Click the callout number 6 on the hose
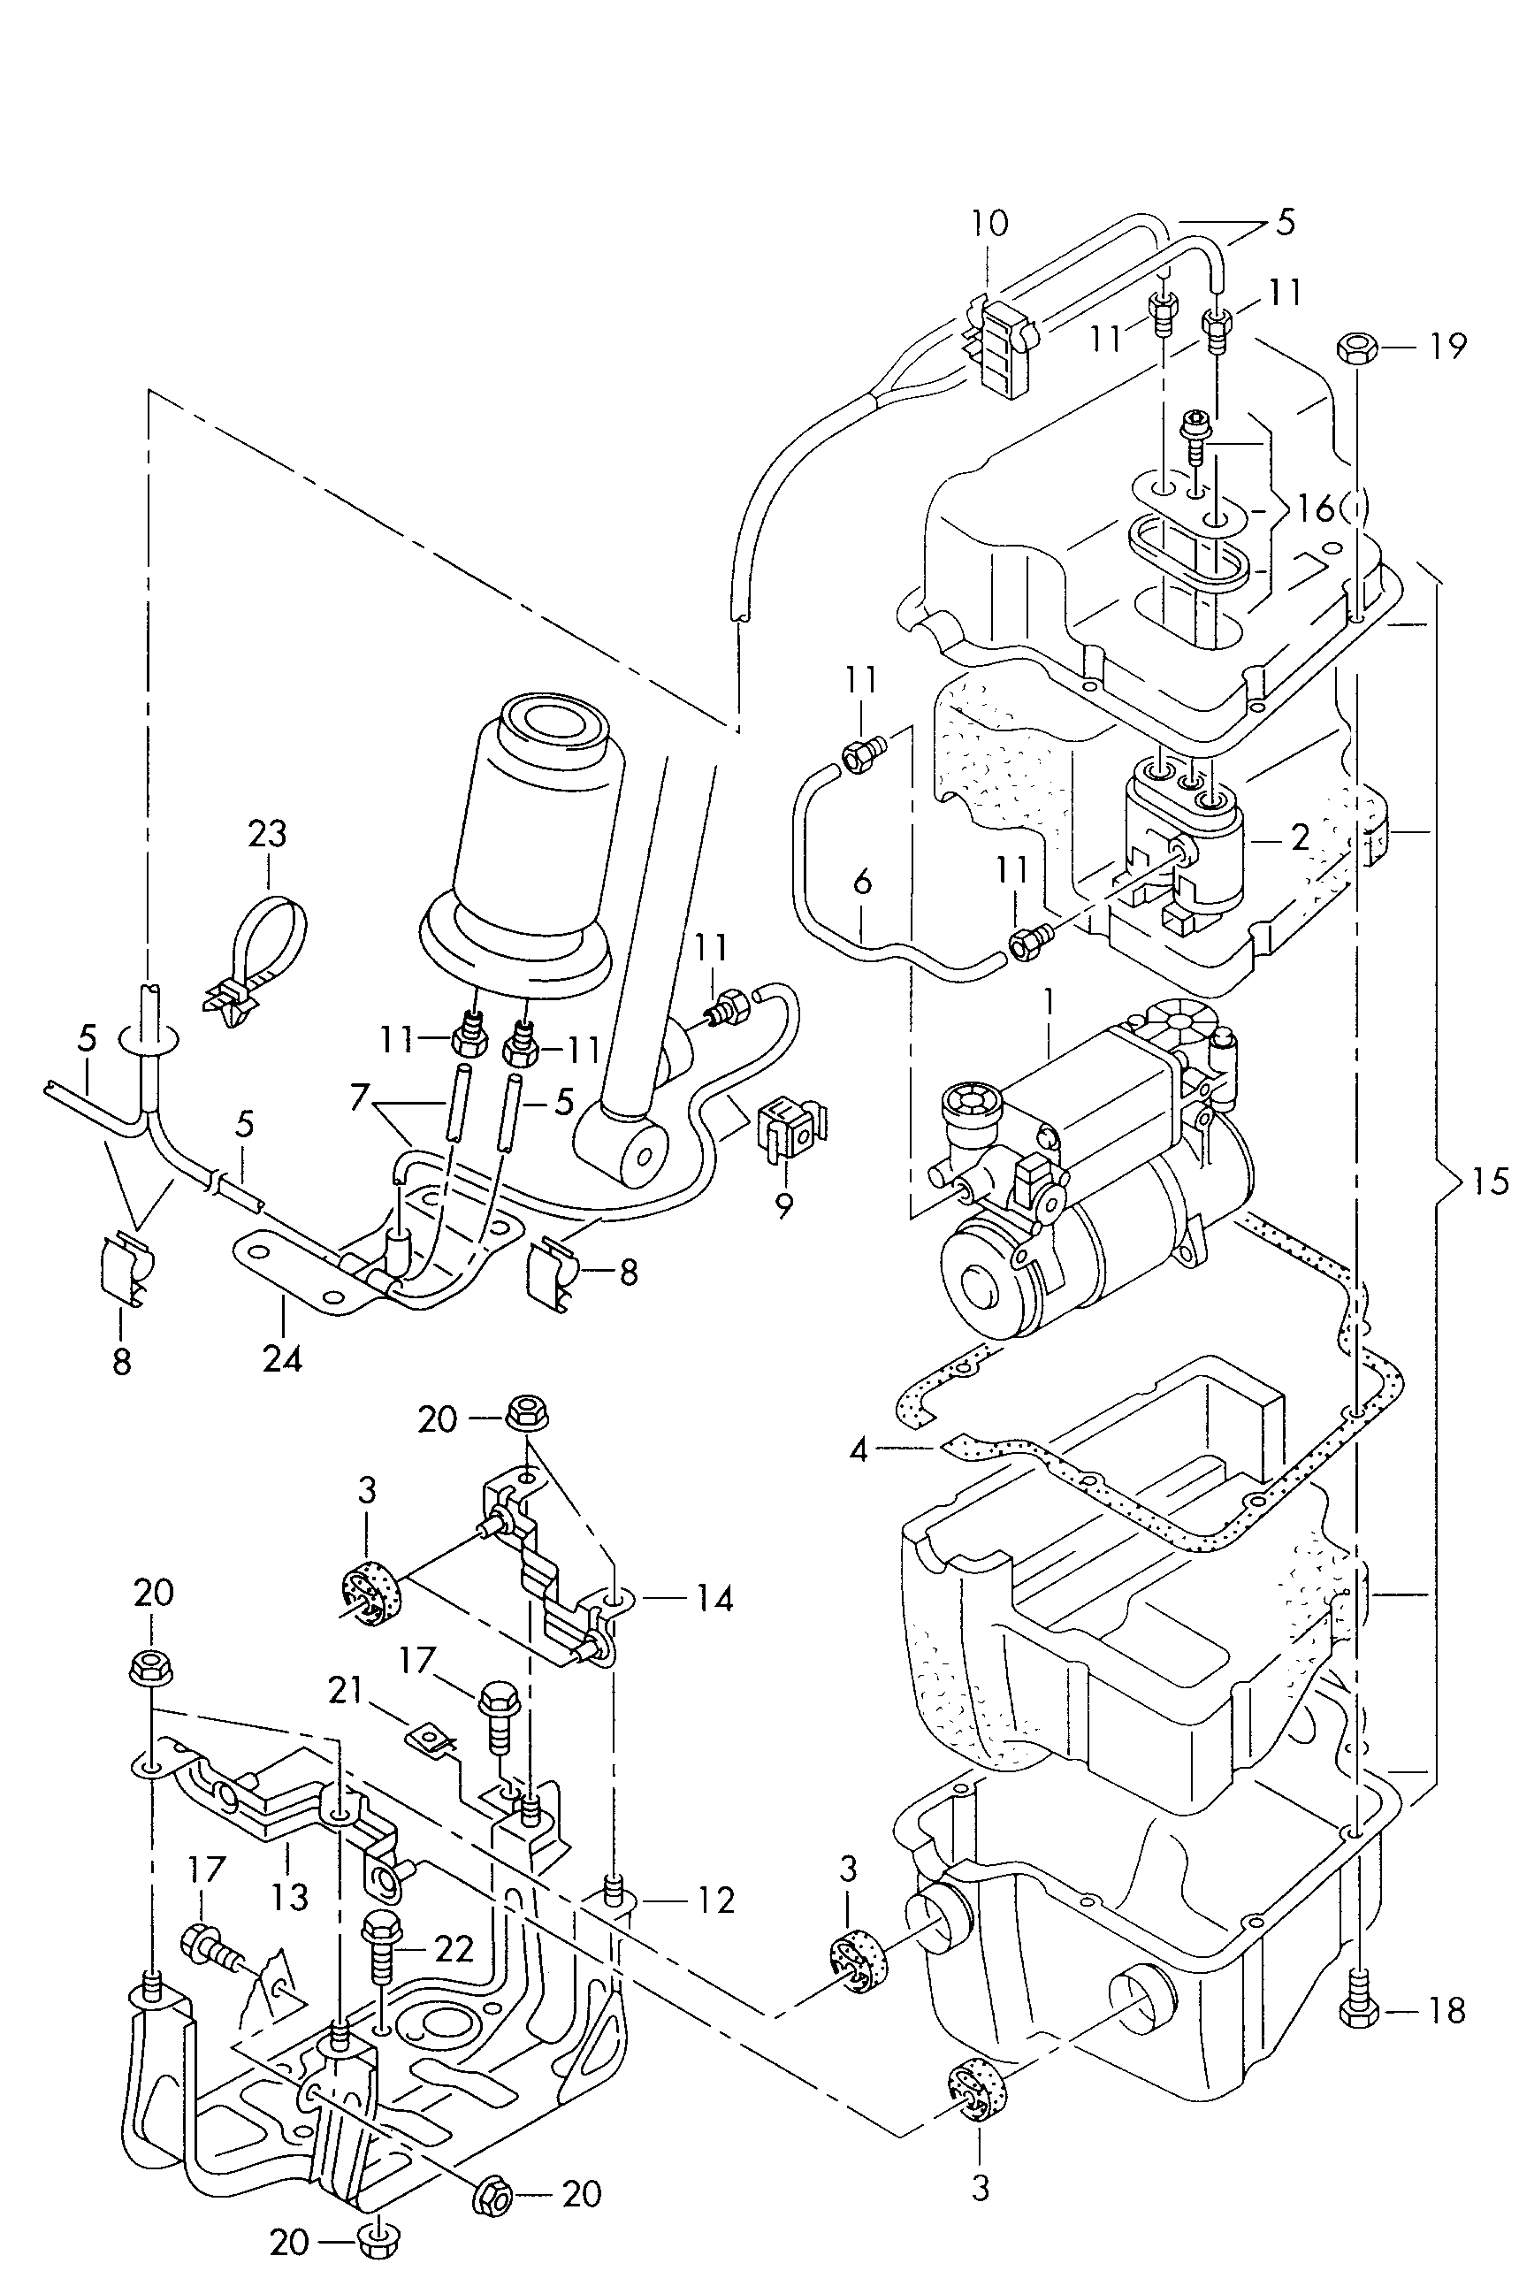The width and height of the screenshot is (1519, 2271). tap(863, 883)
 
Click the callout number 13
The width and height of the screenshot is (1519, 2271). tap(290, 1896)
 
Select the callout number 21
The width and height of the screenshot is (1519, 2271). tap(345, 1690)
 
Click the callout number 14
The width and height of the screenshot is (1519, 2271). tap(714, 1598)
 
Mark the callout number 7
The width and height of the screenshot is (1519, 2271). tap(362, 1097)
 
